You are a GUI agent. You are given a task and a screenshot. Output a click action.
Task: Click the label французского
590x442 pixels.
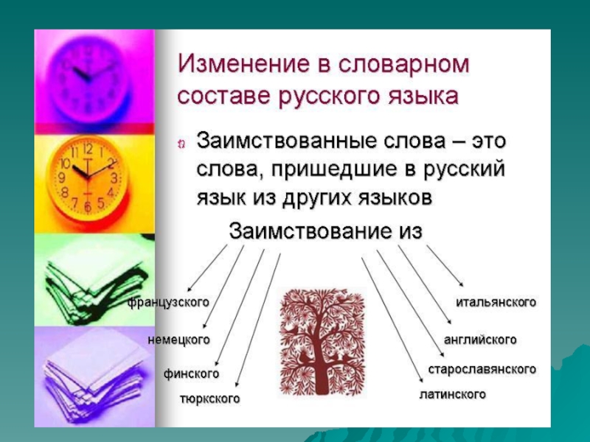168,303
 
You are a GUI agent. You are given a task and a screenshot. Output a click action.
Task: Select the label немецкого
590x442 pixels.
178,340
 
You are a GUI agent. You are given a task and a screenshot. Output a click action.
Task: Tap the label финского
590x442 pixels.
191,374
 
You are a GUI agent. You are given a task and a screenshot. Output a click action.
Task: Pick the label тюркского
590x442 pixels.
209,399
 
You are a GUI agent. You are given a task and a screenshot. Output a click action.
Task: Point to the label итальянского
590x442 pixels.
496,302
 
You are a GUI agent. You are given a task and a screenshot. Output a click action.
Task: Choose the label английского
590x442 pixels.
480,340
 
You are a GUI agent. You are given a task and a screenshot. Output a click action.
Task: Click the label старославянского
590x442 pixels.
482,370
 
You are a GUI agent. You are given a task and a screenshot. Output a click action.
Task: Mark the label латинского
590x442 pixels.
453,394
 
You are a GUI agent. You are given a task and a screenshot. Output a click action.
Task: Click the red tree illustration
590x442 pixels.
322,341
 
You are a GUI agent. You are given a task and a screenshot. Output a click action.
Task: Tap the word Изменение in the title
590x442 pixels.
243,63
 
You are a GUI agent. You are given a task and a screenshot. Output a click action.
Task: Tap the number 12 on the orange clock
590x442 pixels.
87,150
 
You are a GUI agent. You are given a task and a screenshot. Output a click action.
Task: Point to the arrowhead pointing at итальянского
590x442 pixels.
461,284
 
